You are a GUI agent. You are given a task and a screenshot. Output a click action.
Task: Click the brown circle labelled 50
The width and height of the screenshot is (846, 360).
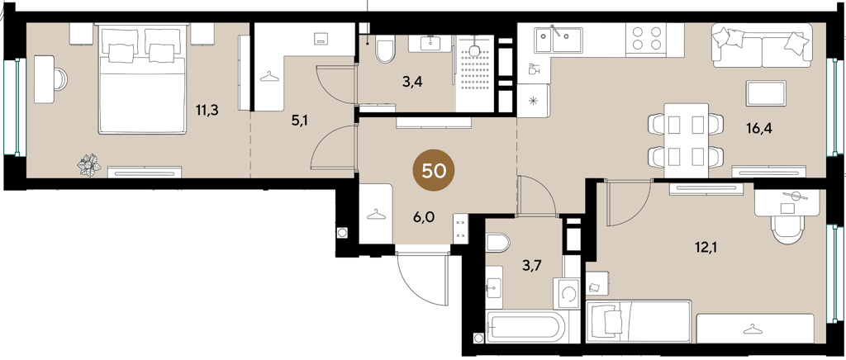[x=434, y=170]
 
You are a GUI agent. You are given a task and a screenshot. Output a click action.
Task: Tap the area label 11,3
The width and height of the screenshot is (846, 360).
[x=207, y=111]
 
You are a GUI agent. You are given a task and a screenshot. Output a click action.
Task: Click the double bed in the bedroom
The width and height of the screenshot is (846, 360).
[x=142, y=78]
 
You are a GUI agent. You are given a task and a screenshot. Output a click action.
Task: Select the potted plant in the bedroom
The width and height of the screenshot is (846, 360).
[x=89, y=164]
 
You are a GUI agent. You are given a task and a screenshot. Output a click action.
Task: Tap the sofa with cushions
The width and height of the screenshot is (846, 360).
[x=762, y=45]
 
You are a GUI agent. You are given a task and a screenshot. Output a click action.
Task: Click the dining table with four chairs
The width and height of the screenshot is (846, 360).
[x=685, y=140]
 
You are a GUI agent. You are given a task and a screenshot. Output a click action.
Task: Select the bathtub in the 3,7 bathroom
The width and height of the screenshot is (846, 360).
[x=525, y=327]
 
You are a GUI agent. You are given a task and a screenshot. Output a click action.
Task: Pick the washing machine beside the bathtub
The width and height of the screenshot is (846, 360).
[x=567, y=294]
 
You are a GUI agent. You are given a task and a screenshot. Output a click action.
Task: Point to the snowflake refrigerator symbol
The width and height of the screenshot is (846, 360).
[x=533, y=101]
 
